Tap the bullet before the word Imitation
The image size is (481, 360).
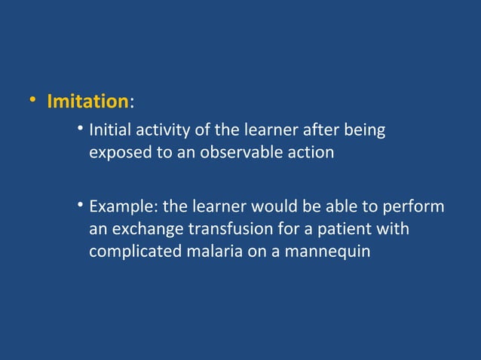click(32, 101)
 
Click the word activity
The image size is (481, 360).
click(158, 131)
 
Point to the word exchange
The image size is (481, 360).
click(143, 228)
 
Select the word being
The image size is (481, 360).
click(366, 131)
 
